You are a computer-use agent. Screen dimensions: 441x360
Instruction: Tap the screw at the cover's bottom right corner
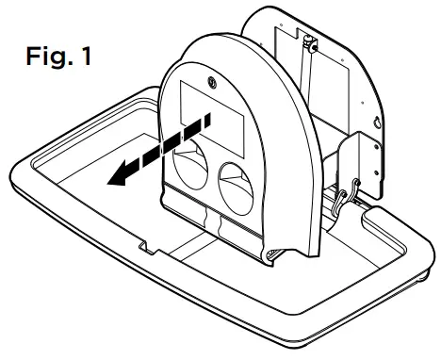[x=274, y=253]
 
